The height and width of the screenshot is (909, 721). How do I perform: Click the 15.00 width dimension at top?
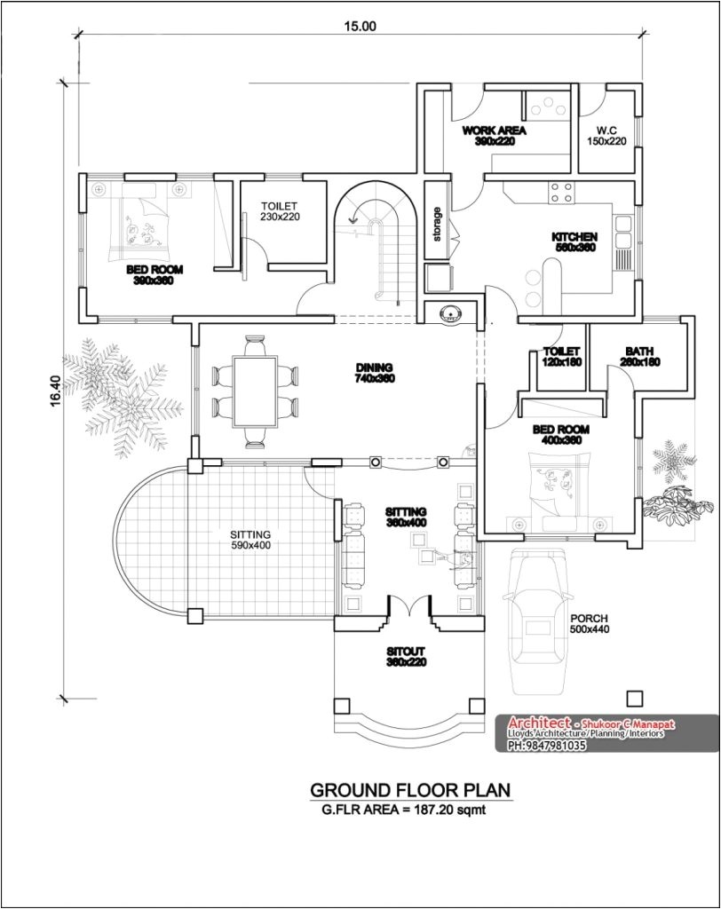[361, 26]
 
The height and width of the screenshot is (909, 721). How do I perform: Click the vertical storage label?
[437, 224]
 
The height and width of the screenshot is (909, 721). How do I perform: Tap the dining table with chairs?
[255, 390]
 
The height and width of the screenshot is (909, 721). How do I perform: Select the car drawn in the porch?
[538, 620]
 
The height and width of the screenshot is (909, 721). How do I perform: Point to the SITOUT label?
[406, 657]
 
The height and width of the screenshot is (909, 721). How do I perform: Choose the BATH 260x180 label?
[639, 357]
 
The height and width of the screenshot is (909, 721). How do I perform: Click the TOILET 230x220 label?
[280, 210]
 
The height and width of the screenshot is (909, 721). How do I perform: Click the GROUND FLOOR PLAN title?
[409, 790]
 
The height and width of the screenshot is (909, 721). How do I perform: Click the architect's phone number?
[546, 746]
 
